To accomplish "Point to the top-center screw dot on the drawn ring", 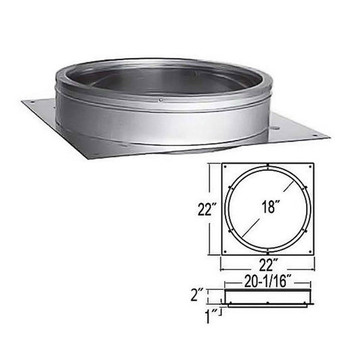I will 268,168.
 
